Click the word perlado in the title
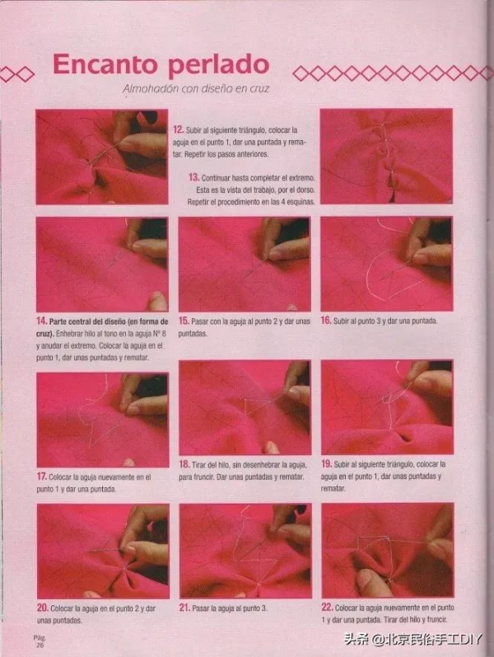pyautogui.click(x=218, y=66)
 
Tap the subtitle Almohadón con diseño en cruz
pyautogui.click(x=196, y=89)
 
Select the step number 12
pyautogui.click(x=178, y=129)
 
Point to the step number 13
pyautogui.click(x=193, y=177)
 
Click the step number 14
pyautogui.click(x=41, y=321)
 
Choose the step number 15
pyautogui.click(x=184, y=321)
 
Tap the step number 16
pyautogui.click(x=326, y=321)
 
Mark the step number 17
pyautogui.click(x=41, y=476)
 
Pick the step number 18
pyautogui.click(x=184, y=464)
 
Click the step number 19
pyautogui.click(x=327, y=464)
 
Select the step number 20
pyautogui.click(x=42, y=608)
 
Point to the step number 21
pyautogui.click(x=184, y=608)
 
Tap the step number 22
pyautogui.click(x=327, y=608)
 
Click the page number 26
pyautogui.click(x=40, y=645)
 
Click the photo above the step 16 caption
pyautogui.click(x=386, y=264)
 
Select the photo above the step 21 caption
pyautogui.click(x=245, y=551)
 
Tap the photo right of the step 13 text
pyautogui.click(x=386, y=157)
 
